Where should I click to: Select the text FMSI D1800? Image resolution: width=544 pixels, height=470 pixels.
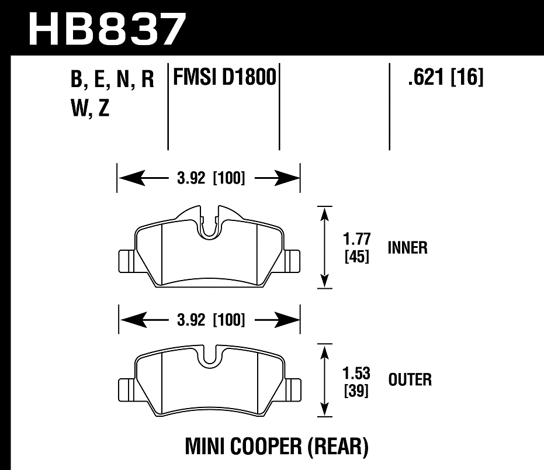(x=223, y=78)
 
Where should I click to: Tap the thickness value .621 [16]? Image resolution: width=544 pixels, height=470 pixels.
(x=446, y=78)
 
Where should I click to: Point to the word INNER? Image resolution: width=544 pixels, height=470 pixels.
(x=408, y=248)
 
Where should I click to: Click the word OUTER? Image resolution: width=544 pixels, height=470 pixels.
(x=410, y=380)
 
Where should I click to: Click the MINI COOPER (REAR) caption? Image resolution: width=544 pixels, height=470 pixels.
(x=277, y=447)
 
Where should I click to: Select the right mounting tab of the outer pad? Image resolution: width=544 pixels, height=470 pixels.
(x=292, y=387)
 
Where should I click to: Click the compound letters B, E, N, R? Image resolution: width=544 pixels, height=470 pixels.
(x=112, y=80)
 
